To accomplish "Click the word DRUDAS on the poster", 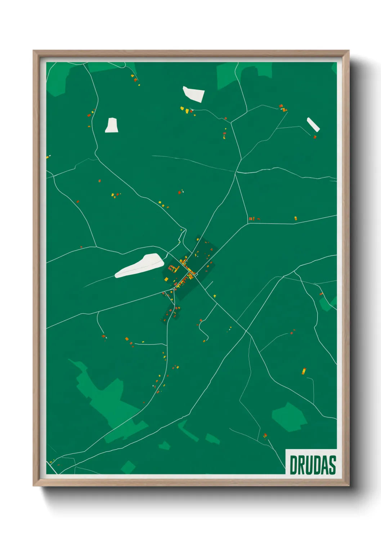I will tap(313, 465).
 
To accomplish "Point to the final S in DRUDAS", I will tap(332, 465).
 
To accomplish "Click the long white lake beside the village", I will tap(139, 265).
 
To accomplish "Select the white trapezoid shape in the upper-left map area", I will tap(112, 125).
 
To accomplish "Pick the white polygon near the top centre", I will tap(194, 94).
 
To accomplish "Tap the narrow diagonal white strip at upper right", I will tap(313, 124).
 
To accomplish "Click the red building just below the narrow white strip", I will tap(315, 137).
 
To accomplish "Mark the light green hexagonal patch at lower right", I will tap(289, 417).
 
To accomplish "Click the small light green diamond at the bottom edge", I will tap(128, 467).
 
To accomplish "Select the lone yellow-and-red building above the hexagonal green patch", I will tap(304, 371).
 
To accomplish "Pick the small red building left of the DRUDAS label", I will tap(265, 435).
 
